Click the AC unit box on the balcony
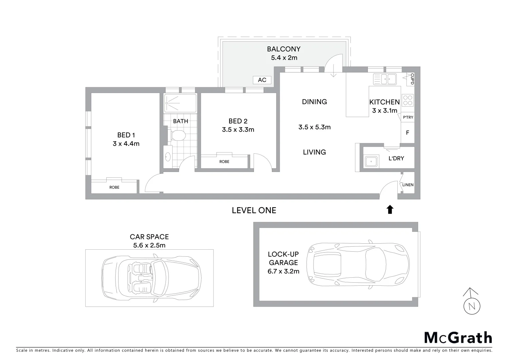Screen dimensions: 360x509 [262, 80]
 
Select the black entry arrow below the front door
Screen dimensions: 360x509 [390, 209]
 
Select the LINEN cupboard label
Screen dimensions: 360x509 [408, 185]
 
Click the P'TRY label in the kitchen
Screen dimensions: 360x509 [408, 117]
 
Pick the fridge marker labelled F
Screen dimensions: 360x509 [407, 133]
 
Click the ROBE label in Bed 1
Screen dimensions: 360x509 [114, 187]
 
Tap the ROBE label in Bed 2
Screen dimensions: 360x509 [224, 162]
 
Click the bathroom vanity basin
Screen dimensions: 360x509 [168, 156]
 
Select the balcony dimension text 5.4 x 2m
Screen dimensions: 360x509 [284, 58]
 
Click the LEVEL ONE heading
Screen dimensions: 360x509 [254, 210]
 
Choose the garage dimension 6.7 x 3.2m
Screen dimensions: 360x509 [283, 271]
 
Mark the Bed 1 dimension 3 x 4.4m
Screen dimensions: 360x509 [126, 144]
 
